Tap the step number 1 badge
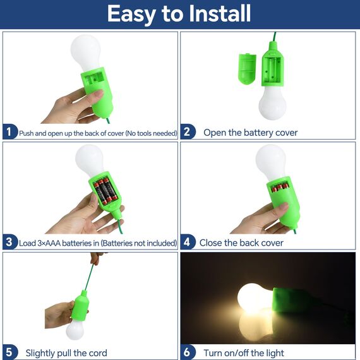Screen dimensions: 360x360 click(9, 133)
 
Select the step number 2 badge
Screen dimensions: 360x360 click(188, 133)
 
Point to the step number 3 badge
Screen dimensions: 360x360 click(9, 243)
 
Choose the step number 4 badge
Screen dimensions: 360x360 click(188, 243)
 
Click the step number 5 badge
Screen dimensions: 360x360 click(9, 352)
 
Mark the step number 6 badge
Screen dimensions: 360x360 click(188, 352)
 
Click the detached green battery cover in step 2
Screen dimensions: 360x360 click(247, 67)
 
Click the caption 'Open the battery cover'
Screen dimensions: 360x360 click(250, 133)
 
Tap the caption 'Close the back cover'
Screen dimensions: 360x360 click(241, 243)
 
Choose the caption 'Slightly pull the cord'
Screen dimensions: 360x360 click(66, 352)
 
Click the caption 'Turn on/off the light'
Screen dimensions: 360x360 click(244, 352)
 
